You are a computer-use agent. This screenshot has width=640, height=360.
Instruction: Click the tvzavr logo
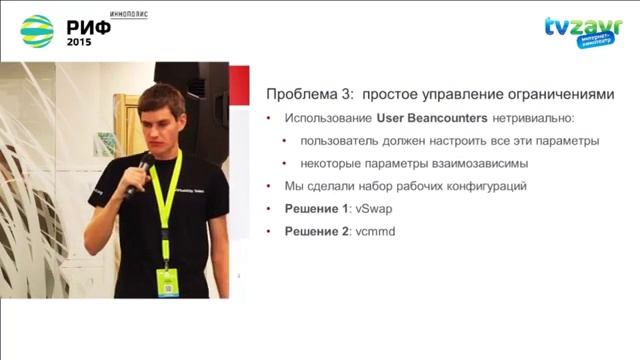pyautogui.click(x=577, y=30)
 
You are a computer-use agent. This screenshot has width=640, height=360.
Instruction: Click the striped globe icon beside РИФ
pyautogui.click(x=36, y=31)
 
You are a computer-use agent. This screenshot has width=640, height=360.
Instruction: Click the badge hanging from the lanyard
pyautogui.click(x=166, y=281)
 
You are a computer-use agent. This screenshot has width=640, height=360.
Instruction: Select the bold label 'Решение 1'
pyautogui.click(x=315, y=209)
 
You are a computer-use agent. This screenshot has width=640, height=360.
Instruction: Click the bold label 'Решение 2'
pyautogui.click(x=315, y=232)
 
